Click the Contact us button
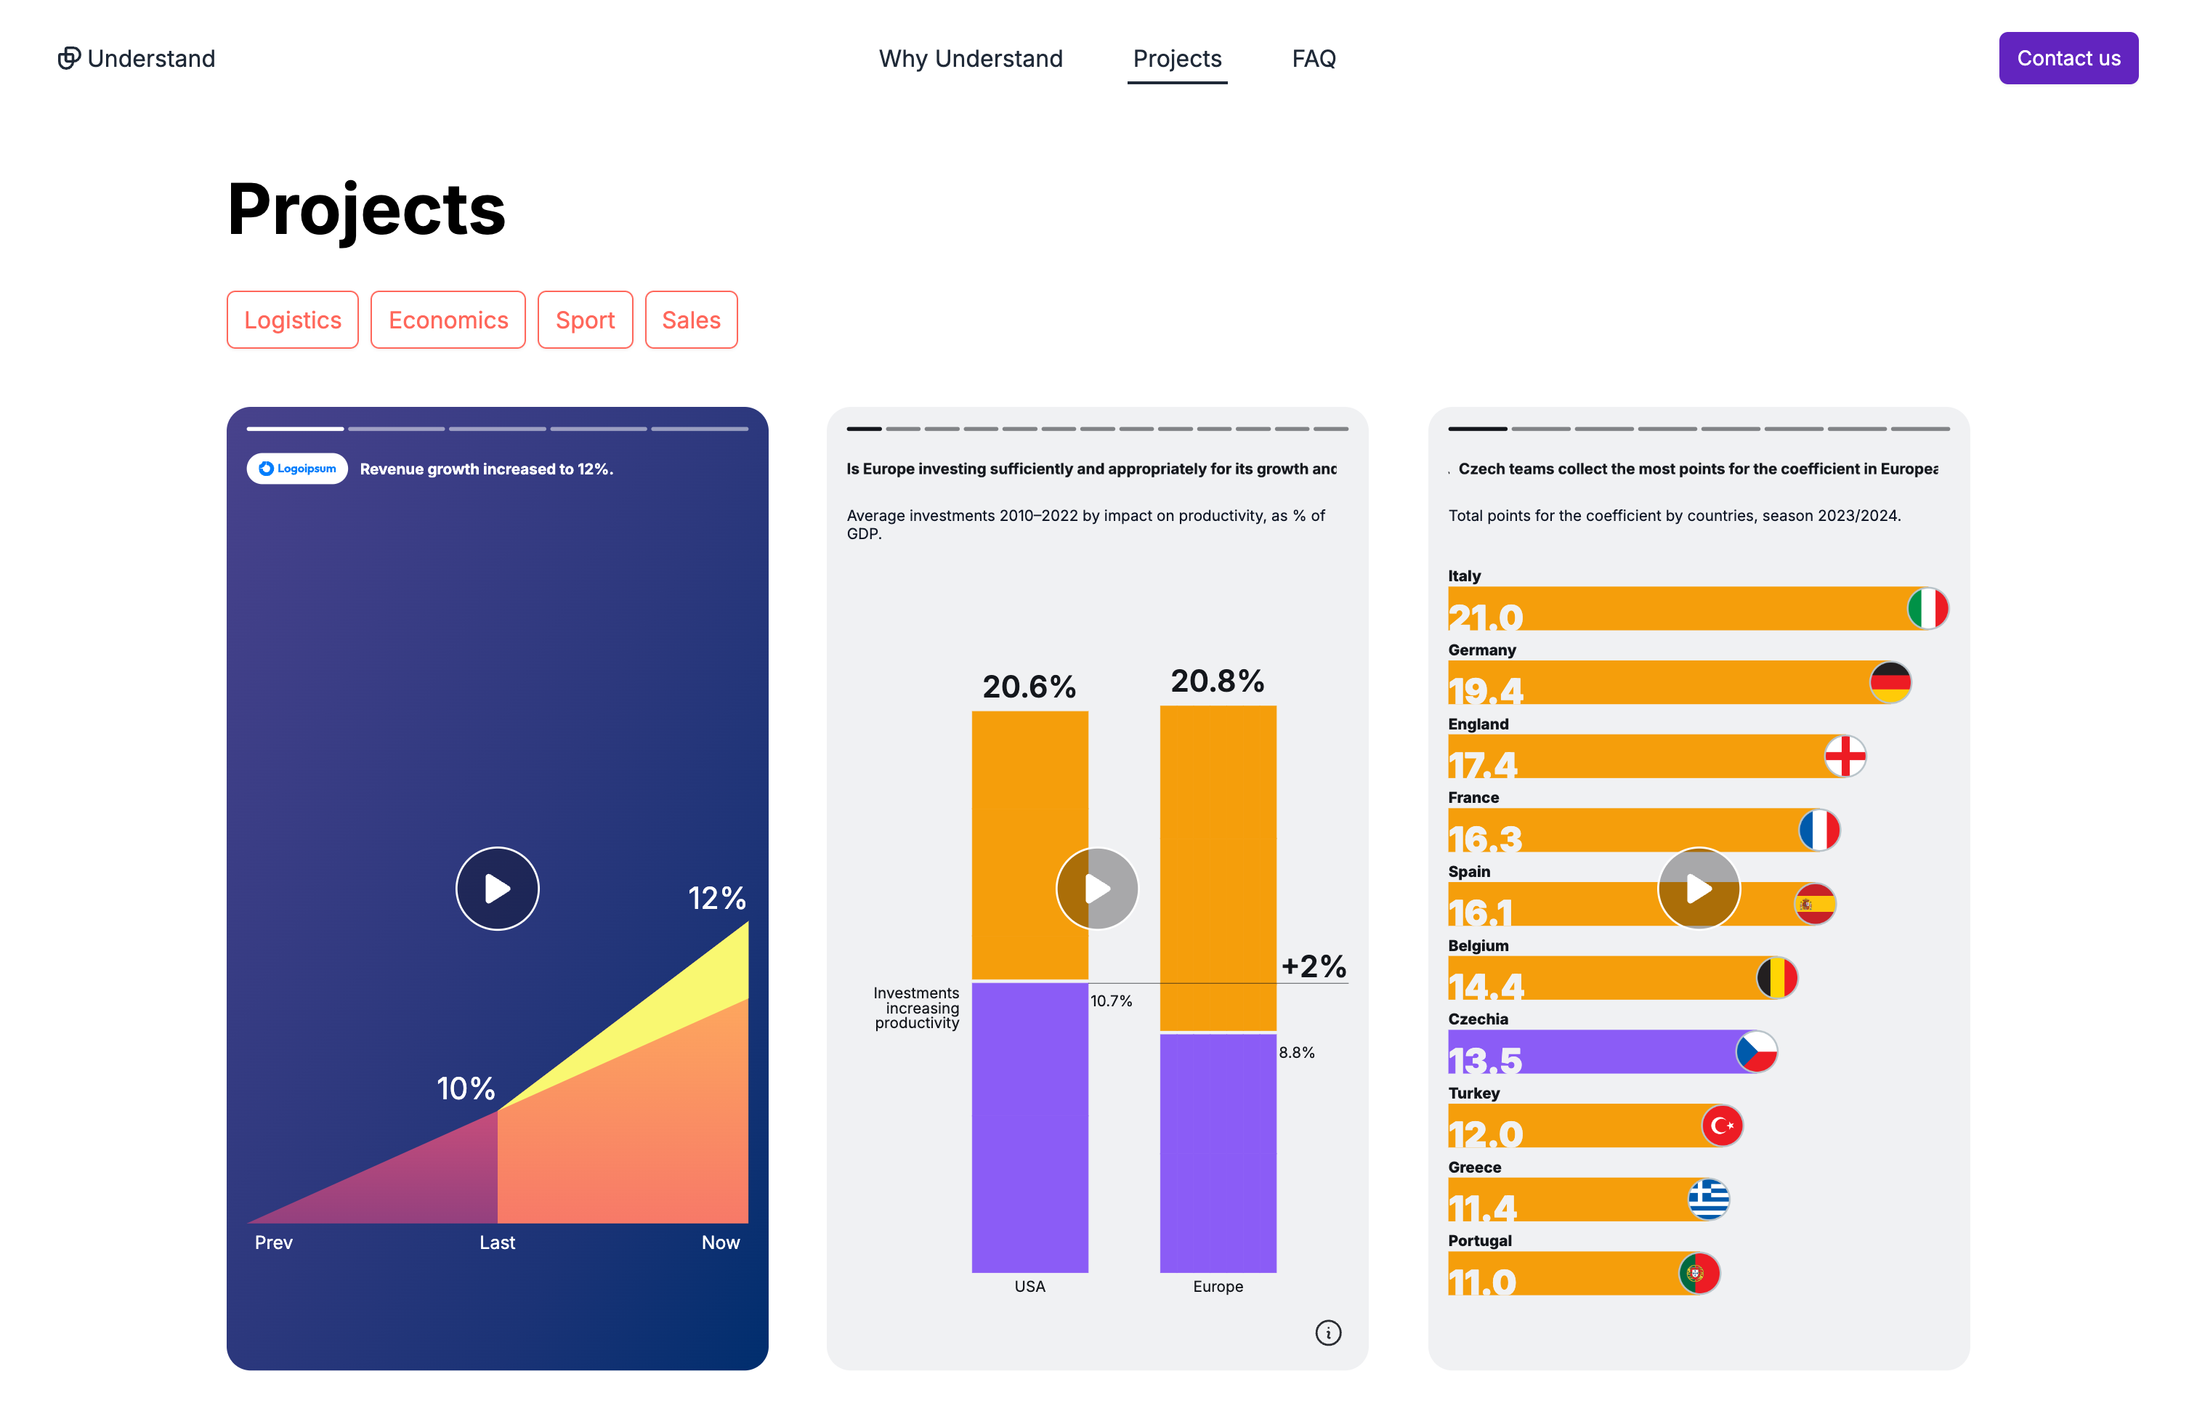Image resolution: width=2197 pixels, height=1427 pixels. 2067,58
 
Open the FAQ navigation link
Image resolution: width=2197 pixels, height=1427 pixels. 1313,58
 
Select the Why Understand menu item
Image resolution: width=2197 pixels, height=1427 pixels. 970,58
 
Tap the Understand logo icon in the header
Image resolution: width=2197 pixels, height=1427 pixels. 69,58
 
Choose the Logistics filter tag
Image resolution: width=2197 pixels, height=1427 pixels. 292,320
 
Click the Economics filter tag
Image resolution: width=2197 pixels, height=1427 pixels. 448,320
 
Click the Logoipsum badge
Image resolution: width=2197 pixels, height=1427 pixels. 296,468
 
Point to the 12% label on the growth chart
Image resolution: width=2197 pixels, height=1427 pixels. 716,897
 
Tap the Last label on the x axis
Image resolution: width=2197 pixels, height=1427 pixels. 497,1242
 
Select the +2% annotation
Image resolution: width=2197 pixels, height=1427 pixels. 1313,966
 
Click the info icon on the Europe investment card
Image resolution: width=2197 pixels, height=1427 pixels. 1327,1332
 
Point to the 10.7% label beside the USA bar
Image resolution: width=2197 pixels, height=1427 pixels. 1111,1000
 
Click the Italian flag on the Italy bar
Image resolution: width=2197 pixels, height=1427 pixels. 1927,608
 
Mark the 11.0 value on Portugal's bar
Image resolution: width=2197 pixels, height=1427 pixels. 1481,1280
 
